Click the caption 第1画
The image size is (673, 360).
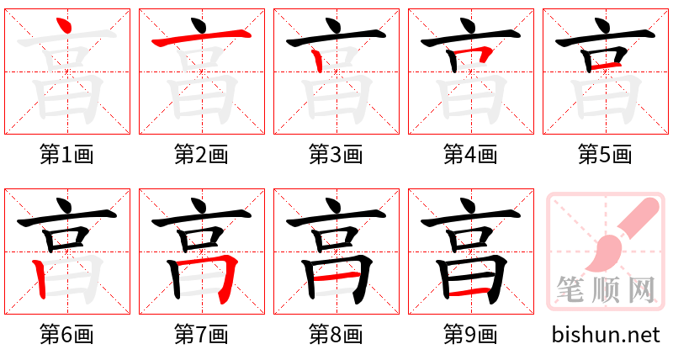(66, 154)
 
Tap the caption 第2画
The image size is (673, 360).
(201, 154)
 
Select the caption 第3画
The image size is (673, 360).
(336, 154)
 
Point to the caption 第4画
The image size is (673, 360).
(470, 154)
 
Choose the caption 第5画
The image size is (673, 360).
(605, 154)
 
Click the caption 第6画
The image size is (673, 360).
(66, 335)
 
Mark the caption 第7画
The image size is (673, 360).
(201, 335)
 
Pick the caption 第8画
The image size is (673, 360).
(336, 335)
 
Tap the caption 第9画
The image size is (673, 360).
(470, 335)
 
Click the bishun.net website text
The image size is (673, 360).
(606, 335)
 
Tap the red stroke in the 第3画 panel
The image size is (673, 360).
(317, 61)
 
